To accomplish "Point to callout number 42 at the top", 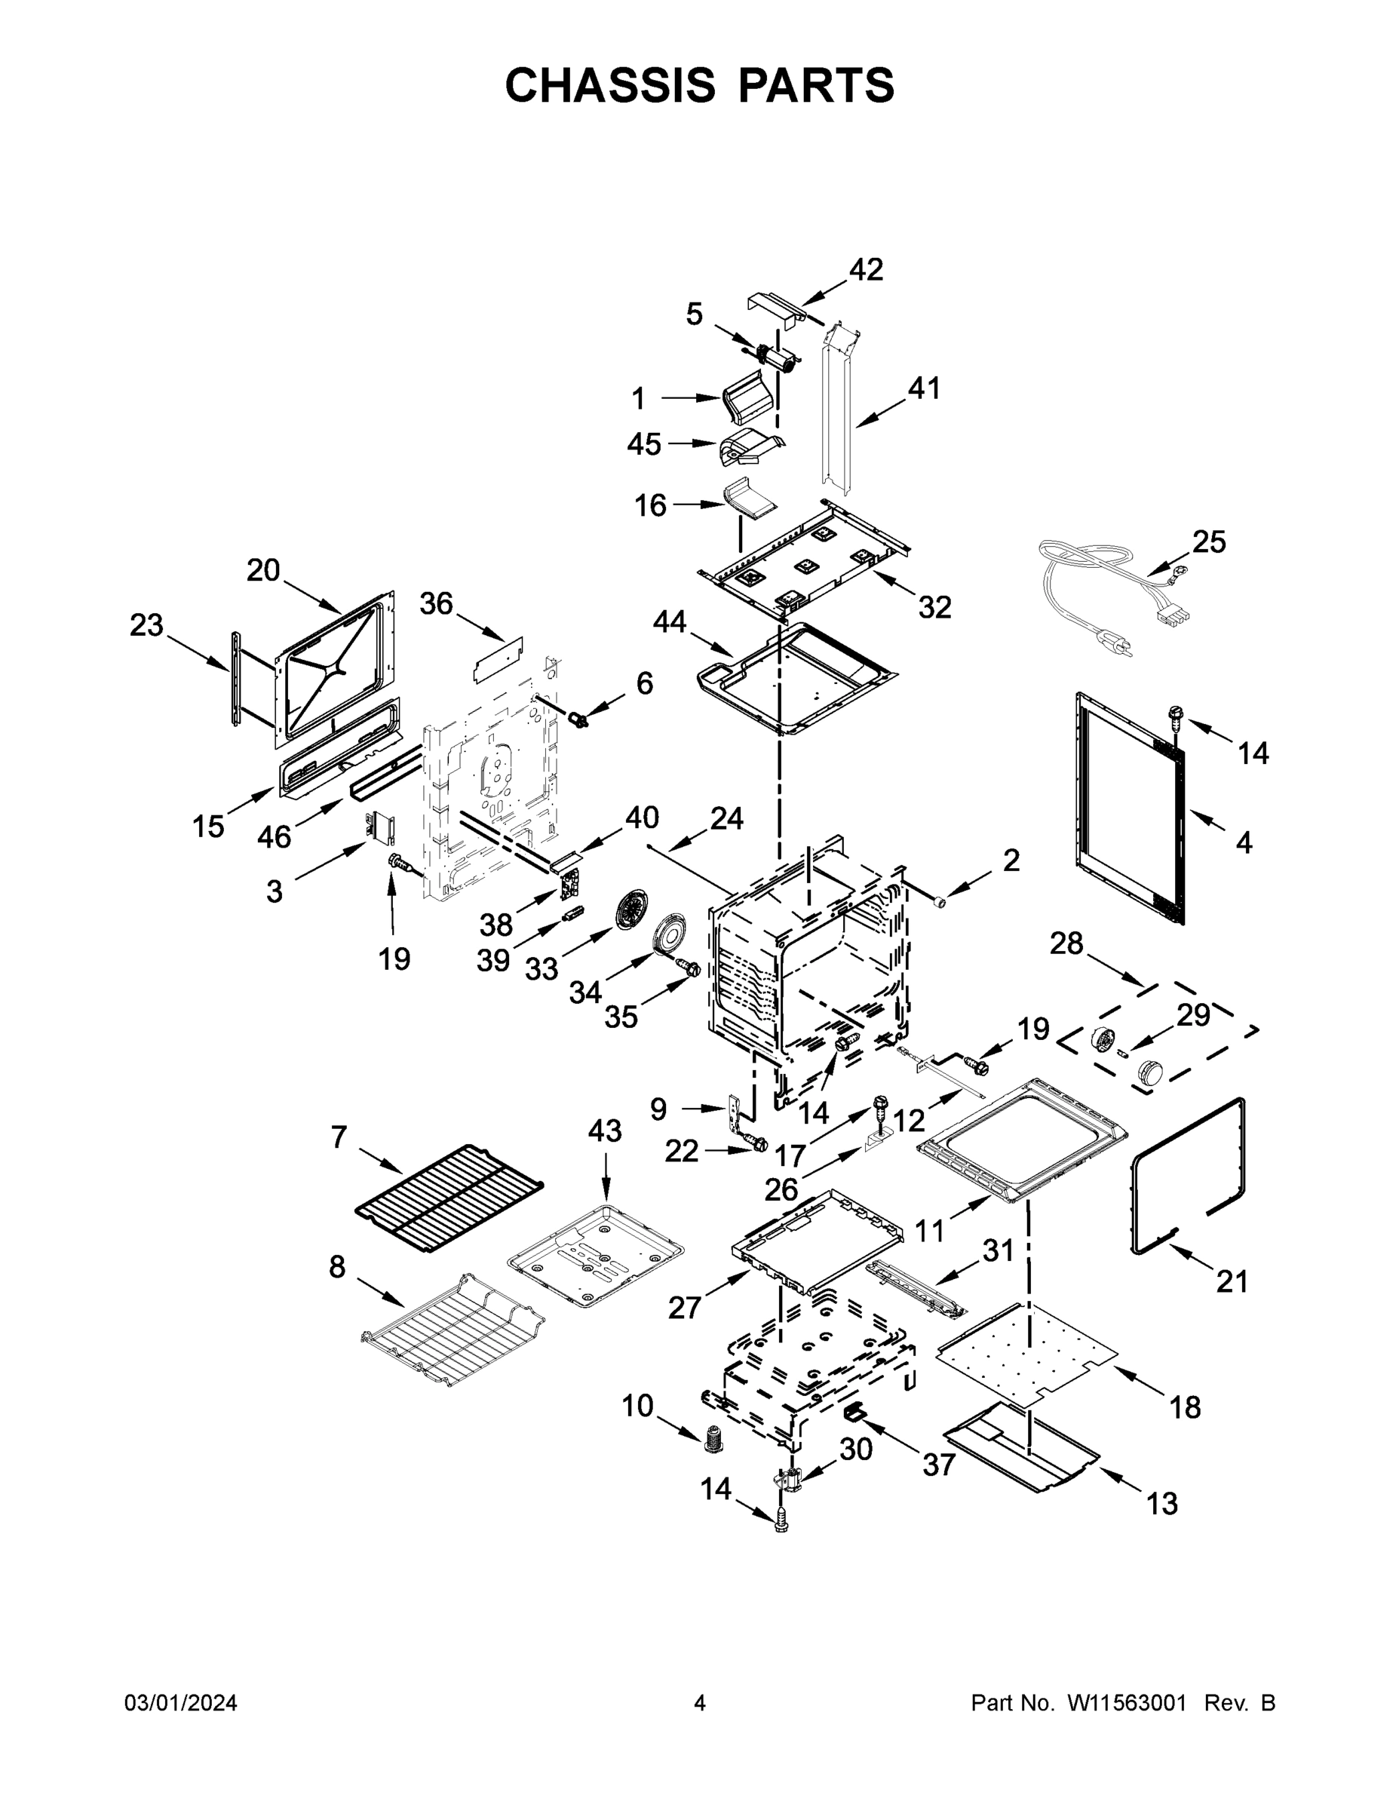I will (866, 269).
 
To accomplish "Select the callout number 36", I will (436, 603).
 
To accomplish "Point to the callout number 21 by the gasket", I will (1232, 1281).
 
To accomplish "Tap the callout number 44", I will (670, 621).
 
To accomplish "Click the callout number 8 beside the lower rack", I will (336, 1266).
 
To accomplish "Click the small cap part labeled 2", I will (940, 901).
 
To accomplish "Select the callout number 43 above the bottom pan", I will (604, 1130).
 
